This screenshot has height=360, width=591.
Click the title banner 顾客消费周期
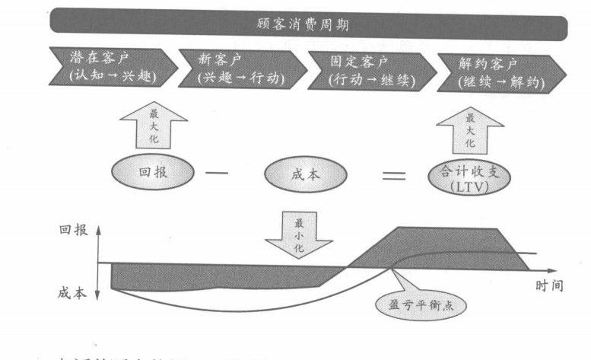(x=309, y=24)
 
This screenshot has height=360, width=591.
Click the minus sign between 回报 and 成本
(x=216, y=173)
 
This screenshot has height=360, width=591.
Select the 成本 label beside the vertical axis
(x=75, y=292)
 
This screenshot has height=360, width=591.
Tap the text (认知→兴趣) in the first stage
(x=108, y=77)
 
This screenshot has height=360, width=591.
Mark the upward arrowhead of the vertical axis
(x=98, y=229)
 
